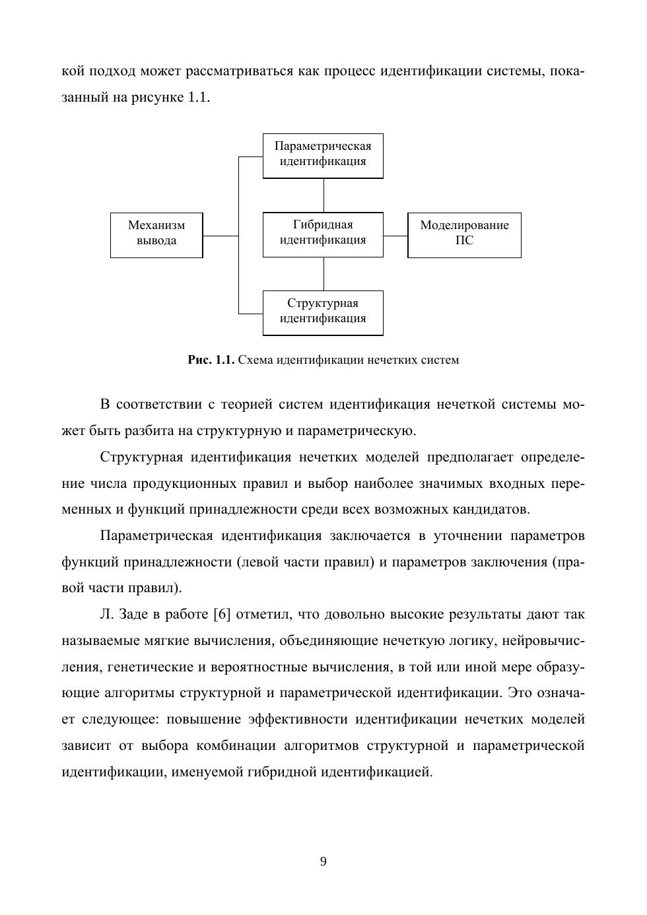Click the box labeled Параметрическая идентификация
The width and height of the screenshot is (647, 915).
323,156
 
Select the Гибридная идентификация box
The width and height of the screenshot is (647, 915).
323,234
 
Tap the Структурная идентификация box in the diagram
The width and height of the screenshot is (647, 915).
323,313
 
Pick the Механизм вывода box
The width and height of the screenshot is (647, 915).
156,235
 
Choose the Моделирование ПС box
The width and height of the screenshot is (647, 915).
464,235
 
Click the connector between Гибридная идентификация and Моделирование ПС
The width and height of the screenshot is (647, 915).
395,236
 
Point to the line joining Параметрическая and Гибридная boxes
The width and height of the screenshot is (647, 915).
323,195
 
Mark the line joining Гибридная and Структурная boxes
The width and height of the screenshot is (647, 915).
323,274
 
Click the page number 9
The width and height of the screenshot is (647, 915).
323,862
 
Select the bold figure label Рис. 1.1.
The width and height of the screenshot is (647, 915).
211,360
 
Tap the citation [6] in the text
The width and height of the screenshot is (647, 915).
222,615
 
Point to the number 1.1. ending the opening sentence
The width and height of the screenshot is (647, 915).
198,98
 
